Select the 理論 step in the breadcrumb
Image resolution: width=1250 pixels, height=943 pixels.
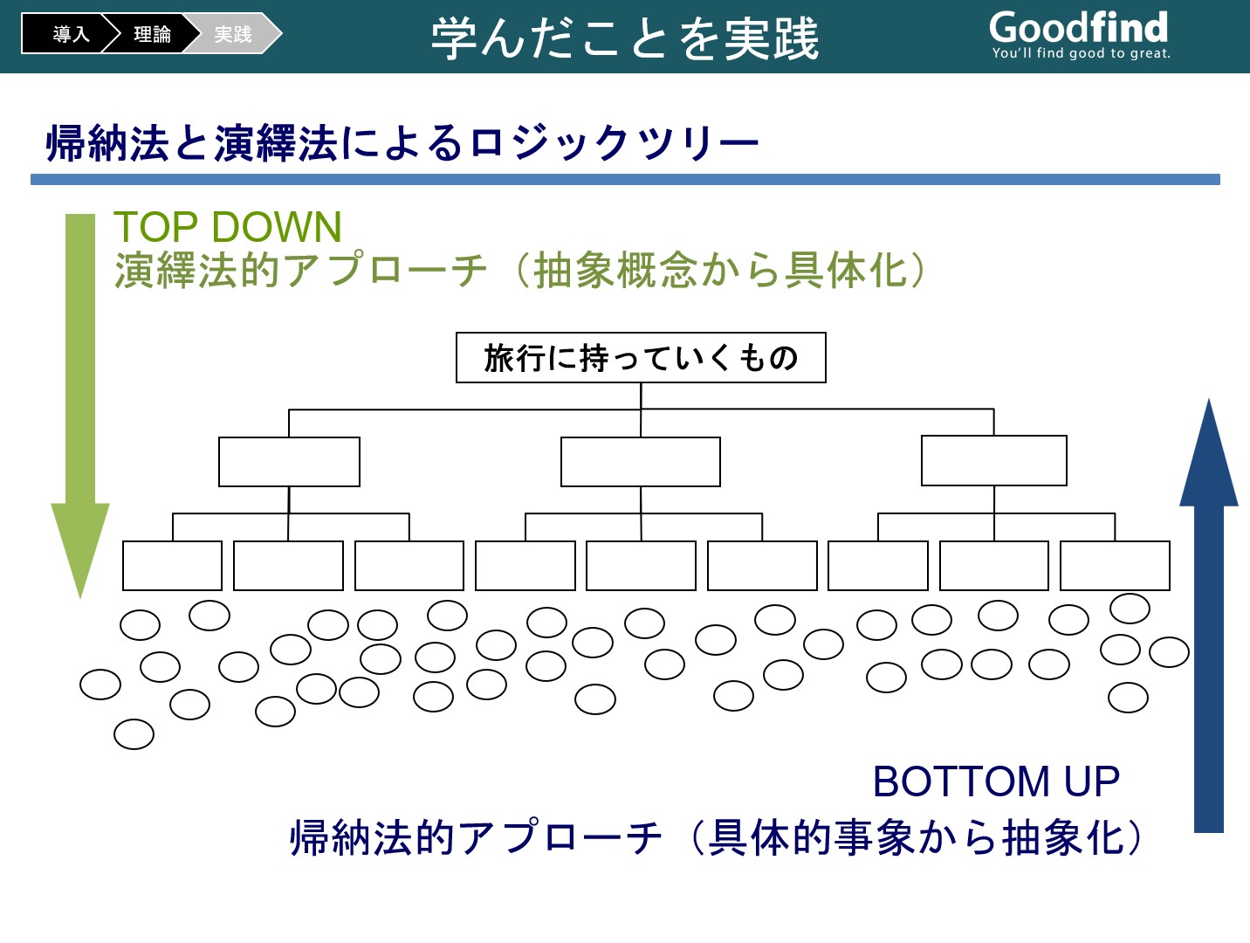pos(152,34)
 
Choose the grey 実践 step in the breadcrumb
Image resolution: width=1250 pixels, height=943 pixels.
pos(233,34)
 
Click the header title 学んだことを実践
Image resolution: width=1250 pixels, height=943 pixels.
pos(625,38)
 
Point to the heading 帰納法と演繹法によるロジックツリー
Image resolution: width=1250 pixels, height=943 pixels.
pos(402,142)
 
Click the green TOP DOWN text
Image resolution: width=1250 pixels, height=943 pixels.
pos(228,227)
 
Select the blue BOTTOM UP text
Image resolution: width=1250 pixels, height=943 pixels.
pos(996,781)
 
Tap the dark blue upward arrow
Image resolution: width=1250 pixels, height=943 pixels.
pos(1208,615)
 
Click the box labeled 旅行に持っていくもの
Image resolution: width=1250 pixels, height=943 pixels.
pos(641,358)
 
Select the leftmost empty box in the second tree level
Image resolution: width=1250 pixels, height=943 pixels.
pos(289,462)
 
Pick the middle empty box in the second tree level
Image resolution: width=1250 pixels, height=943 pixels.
pos(641,462)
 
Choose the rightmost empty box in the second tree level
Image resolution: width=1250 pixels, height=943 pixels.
pos(993,461)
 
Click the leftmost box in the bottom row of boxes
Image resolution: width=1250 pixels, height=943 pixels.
pos(172,566)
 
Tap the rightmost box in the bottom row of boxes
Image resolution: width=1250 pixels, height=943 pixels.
pos(1115,566)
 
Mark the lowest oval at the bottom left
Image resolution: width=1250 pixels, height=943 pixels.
pos(134,734)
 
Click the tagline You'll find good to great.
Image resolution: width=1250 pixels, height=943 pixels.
pos(1081,53)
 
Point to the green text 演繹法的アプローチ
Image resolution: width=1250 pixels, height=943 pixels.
pos(300,270)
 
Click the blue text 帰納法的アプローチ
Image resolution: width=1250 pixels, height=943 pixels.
pos(476,838)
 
